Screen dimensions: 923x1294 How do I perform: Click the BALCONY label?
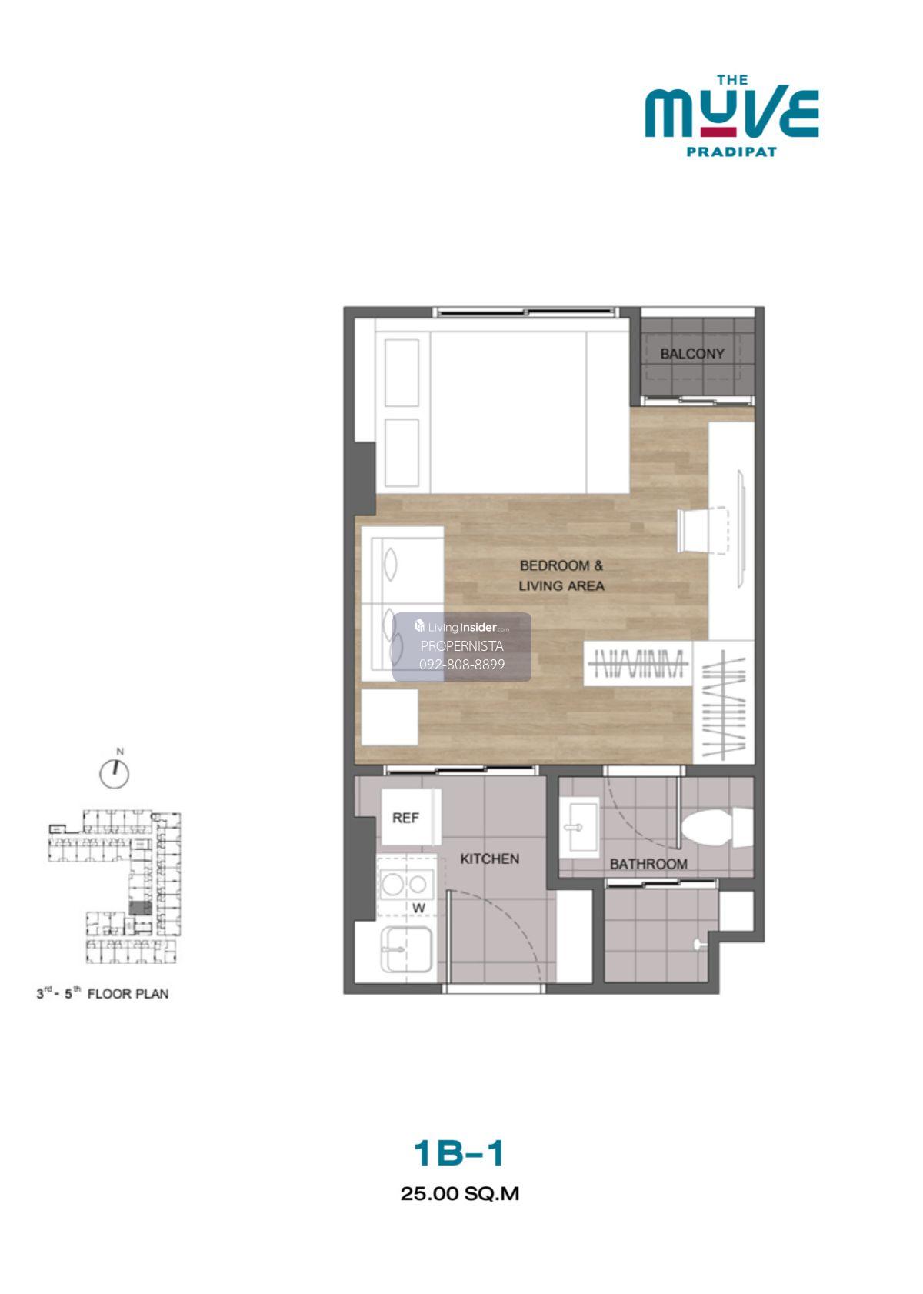click(x=692, y=354)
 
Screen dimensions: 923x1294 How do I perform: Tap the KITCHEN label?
click(x=489, y=859)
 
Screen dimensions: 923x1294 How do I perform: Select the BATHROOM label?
click(x=648, y=864)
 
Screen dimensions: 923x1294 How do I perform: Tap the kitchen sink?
click(x=405, y=949)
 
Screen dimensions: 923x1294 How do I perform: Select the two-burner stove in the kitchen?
click(x=405, y=884)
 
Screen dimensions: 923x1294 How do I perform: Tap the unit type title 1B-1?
click(x=458, y=1152)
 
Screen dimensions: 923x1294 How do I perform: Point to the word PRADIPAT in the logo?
click(x=731, y=152)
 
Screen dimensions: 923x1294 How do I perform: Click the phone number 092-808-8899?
click(x=461, y=665)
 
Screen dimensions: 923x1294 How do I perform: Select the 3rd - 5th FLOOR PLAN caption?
click(x=103, y=994)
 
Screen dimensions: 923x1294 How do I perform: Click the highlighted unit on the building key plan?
click(x=140, y=908)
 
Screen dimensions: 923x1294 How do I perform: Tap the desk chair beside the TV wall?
click(x=701, y=530)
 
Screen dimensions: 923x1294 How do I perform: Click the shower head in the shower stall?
click(x=699, y=944)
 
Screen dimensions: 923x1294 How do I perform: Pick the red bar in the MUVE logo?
click(x=718, y=132)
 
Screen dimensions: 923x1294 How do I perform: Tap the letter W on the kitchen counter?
click(x=418, y=909)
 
